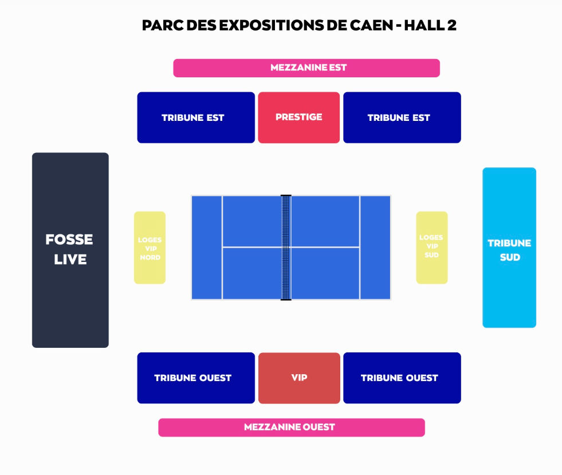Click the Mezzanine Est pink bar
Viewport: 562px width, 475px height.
306,68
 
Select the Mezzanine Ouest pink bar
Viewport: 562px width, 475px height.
291,427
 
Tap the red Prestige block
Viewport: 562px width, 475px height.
298,117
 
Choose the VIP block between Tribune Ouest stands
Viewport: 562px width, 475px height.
299,378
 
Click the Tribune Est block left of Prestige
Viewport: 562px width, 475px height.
196,117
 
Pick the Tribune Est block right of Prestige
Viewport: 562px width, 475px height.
402,117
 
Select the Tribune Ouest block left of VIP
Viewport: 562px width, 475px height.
196,378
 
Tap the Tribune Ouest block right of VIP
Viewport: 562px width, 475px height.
402,378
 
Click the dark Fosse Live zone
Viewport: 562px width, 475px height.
70,250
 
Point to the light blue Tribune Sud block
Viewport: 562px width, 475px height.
509,248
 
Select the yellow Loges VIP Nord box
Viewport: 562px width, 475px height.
150,248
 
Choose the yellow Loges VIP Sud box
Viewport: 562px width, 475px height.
431,248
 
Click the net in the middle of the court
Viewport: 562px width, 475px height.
286,248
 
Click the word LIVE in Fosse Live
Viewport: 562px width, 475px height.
70,260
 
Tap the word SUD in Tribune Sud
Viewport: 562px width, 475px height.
509,257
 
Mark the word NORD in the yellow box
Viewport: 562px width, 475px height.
150,258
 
